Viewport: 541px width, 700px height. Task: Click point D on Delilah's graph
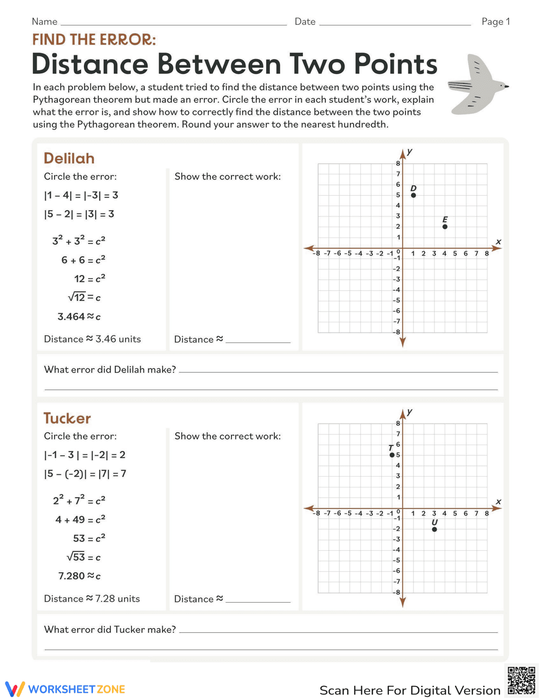pyautogui.click(x=413, y=195)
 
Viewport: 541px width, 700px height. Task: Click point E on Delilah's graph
pyautogui.click(x=445, y=227)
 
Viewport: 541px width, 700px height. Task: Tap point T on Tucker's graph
pyautogui.click(x=392, y=455)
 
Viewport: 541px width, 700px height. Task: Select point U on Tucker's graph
pyautogui.click(x=434, y=529)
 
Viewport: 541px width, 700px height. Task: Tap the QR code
pyautogui.click(x=522, y=680)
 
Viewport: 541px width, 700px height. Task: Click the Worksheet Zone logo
pyautogui.click(x=65, y=689)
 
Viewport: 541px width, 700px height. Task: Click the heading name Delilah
pyautogui.click(x=69, y=159)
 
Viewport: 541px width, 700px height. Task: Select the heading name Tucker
pyautogui.click(x=67, y=418)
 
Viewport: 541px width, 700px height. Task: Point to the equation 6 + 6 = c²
pyautogui.click(x=83, y=260)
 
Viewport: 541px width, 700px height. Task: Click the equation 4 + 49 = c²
pyautogui.click(x=80, y=520)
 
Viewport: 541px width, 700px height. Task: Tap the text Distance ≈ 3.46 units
pyautogui.click(x=93, y=339)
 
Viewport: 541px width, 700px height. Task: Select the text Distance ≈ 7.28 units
pyautogui.click(x=92, y=599)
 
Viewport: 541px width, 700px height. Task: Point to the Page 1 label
pyautogui.click(x=496, y=22)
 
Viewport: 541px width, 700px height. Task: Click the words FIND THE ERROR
pyautogui.click(x=94, y=40)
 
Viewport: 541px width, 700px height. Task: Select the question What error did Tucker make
pyautogui.click(x=110, y=630)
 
